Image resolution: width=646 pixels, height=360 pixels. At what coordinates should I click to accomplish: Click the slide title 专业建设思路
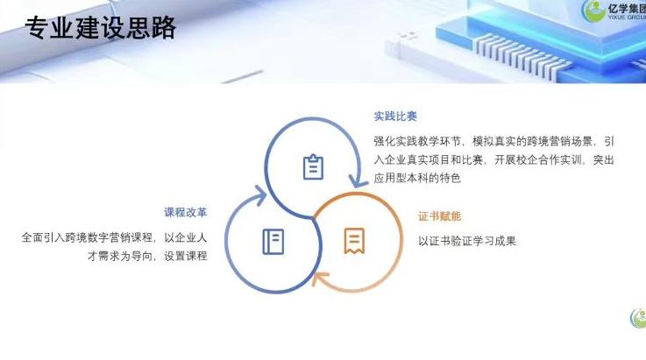101,28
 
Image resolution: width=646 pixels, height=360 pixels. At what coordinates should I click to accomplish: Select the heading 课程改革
186,212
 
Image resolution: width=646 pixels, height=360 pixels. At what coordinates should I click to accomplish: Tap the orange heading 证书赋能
439,215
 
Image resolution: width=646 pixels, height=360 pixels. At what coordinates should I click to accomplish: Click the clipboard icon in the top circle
313,166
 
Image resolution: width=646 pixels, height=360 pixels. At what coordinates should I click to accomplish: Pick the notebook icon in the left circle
273,240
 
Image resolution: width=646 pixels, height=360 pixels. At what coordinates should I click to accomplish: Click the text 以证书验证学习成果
467,240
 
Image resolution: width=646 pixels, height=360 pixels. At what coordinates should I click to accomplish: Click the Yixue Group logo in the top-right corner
614,12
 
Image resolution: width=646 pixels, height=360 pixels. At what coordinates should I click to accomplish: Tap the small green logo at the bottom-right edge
638,318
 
